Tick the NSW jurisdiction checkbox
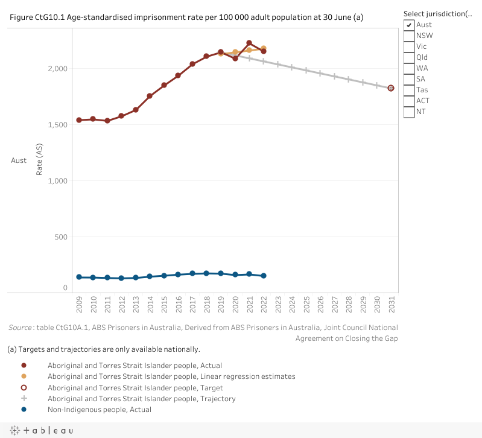tap(409, 36)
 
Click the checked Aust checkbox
tap(409, 25)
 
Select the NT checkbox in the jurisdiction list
tap(409, 112)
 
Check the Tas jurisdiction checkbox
tap(409, 90)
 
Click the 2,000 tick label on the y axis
tap(58, 69)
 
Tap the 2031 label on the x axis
tap(392, 303)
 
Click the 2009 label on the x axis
tap(79, 303)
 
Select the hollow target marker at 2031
tap(391, 88)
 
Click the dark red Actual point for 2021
tap(249, 43)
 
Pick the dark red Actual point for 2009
tap(79, 120)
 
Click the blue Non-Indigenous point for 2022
tap(264, 276)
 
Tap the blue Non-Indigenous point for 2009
tap(79, 277)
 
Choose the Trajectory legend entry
tap(142, 399)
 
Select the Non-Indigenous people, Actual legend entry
tap(100, 410)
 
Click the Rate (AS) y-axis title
tap(39, 161)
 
